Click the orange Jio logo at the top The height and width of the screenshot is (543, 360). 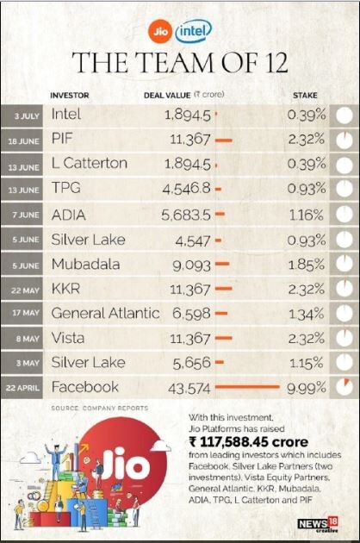[160, 32]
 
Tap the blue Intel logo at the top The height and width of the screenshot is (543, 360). [194, 32]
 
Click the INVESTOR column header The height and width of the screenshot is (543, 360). [70, 95]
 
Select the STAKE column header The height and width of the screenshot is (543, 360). [305, 95]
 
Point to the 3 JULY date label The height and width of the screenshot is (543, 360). [27, 116]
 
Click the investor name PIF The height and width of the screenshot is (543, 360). [62, 139]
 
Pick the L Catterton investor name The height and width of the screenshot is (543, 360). [90, 163]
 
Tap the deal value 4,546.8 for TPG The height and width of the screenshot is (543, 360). [187, 189]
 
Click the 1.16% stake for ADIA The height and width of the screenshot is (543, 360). [306, 215]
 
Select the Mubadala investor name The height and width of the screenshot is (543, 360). [86, 265]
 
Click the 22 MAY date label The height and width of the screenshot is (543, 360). [25, 290]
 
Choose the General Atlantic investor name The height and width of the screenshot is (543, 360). [105, 314]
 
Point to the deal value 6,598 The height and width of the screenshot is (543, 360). [191, 314]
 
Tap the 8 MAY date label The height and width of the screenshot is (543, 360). [28, 339]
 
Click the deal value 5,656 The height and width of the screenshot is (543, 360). [192, 363]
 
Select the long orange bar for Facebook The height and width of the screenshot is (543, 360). [247, 387]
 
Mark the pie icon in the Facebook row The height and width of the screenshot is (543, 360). [344, 387]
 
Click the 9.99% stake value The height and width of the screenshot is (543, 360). [307, 388]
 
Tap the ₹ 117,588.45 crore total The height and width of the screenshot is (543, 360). [249, 442]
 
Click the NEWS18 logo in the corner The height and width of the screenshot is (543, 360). [318, 524]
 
